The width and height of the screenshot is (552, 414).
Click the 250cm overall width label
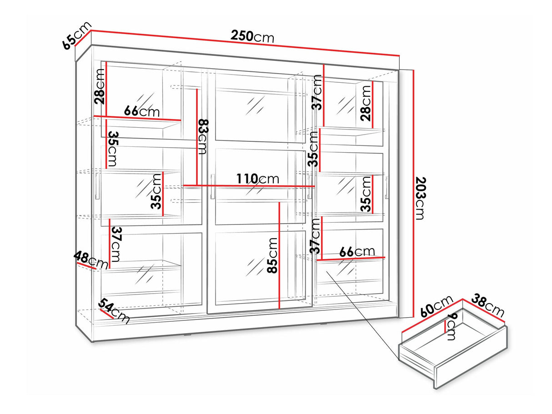pos(252,36)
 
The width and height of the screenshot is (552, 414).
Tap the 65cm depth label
pos(76,35)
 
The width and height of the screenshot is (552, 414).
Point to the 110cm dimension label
pos(258,179)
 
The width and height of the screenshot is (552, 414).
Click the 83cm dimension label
pos(203,136)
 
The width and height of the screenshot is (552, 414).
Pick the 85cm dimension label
pos(272,255)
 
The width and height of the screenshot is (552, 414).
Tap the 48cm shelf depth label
pos(90,260)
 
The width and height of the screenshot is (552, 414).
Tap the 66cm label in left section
pos(142,111)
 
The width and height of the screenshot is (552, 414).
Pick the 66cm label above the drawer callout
pos(357,252)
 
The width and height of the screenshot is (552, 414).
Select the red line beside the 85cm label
pos(279,255)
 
